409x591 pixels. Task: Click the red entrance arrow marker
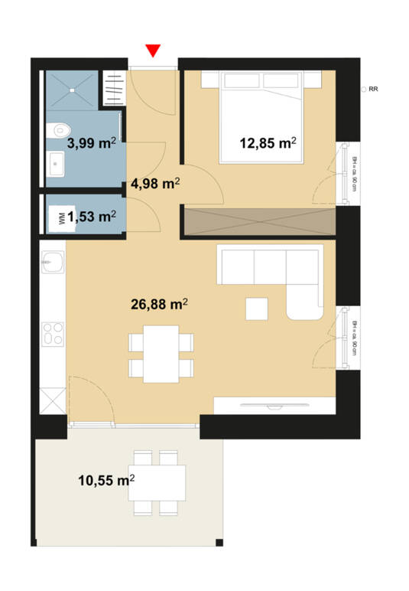pyautogui.click(x=153, y=51)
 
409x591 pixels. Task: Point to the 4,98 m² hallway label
pyautogui.click(x=155, y=183)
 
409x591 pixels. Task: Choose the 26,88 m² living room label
pyautogui.click(x=160, y=305)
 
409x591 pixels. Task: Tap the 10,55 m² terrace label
pyautogui.click(x=106, y=481)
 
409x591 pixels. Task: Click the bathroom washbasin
pyautogui.click(x=56, y=163)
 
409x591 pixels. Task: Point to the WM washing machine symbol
pyautogui.click(x=61, y=217)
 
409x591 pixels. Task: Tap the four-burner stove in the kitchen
pyautogui.click(x=53, y=335)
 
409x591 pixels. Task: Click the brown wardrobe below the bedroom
pyautogui.click(x=259, y=221)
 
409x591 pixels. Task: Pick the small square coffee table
pyautogui.click(x=257, y=309)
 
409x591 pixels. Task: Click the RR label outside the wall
pyautogui.click(x=373, y=90)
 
